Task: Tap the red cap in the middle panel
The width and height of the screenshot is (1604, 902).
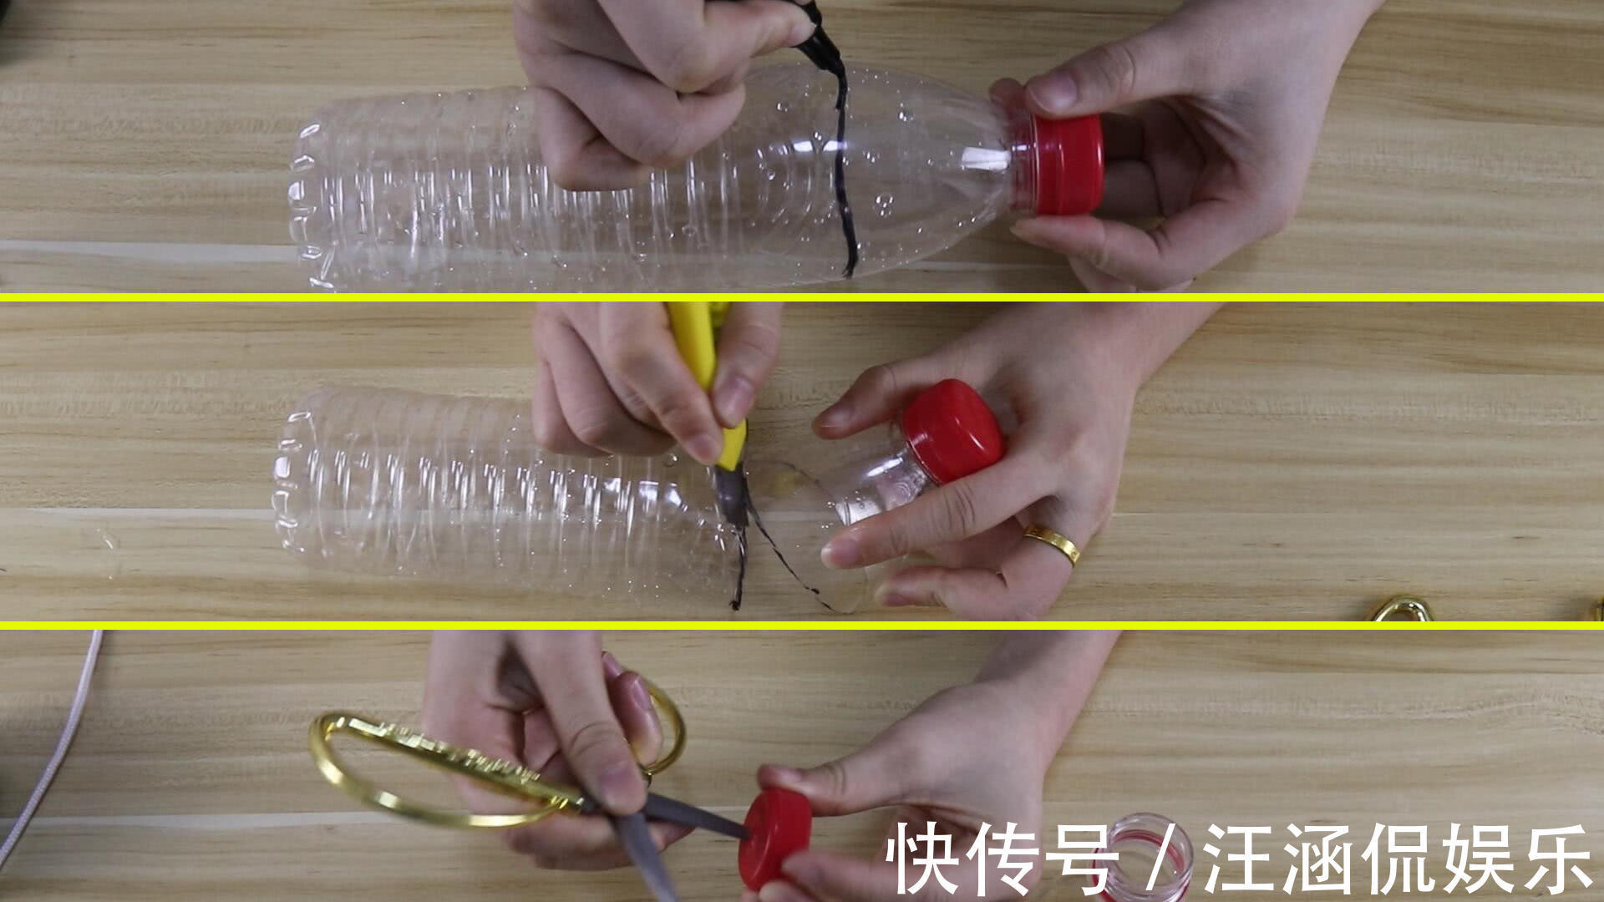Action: [x=952, y=431]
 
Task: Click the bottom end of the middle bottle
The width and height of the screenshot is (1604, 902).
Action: [x=288, y=484]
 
